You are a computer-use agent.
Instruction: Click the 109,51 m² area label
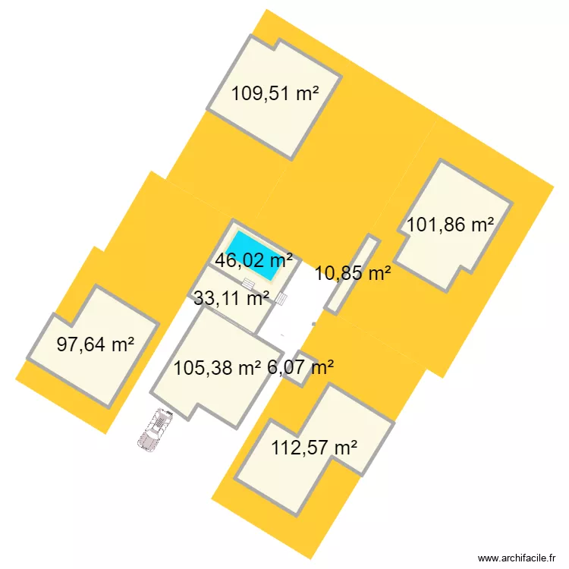click(x=275, y=94)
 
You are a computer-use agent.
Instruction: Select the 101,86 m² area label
click(x=451, y=225)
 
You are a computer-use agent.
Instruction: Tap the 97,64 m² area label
click(x=96, y=344)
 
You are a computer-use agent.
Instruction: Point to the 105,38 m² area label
click(x=217, y=368)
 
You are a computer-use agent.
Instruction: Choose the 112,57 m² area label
click(x=314, y=448)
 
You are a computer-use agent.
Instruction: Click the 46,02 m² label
click(x=254, y=261)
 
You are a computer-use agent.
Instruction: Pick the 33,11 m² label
click(x=231, y=298)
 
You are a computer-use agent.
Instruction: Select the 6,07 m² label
click(x=301, y=368)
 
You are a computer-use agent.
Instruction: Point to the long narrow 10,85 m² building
click(x=352, y=275)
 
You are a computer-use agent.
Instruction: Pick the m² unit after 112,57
click(x=344, y=448)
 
